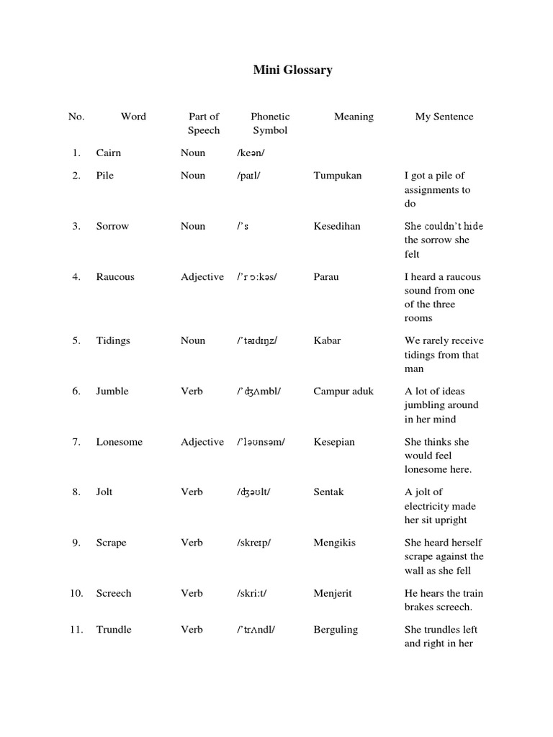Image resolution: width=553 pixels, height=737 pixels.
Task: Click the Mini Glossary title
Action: click(x=292, y=70)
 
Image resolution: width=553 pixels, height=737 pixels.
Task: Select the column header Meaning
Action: click(x=354, y=117)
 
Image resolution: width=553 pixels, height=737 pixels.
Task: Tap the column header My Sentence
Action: click(x=444, y=117)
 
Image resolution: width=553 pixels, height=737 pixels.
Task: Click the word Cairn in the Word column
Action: click(x=109, y=153)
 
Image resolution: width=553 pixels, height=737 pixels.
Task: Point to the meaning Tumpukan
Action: click(x=338, y=176)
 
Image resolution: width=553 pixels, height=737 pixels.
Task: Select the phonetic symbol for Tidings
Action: click(x=256, y=341)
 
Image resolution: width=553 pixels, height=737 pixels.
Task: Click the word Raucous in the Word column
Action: click(x=115, y=277)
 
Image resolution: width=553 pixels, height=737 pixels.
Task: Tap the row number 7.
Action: click(x=76, y=442)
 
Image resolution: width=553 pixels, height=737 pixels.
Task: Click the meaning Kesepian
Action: click(x=334, y=442)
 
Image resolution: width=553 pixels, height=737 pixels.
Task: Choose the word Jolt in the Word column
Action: click(x=104, y=492)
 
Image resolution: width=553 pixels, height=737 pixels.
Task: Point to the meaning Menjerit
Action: click(x=333, y=594)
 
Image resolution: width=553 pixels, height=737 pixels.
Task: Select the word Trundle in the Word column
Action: click(x=114, y=630)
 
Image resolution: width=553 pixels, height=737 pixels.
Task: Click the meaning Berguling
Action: click(x=336, y=630)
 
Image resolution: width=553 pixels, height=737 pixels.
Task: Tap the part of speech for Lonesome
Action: click(x=202, y=442)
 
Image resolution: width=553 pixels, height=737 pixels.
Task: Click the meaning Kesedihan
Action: click(x=337, y=226)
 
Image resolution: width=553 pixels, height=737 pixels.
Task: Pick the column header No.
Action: click(x=76, y=117)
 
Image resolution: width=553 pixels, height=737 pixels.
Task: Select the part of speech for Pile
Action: click(x=193, y=176)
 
